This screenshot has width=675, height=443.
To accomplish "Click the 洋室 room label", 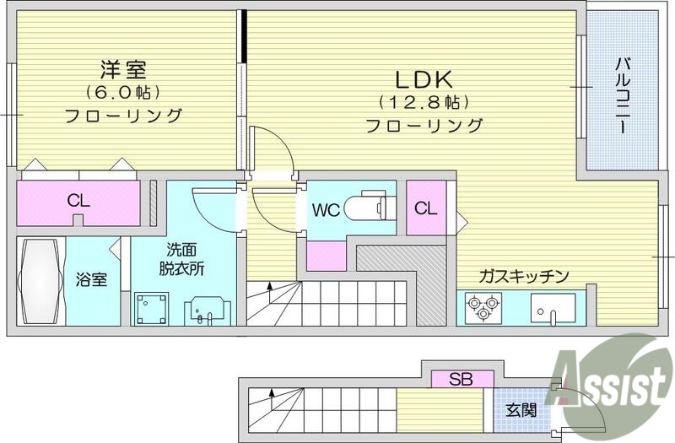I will click(x=123, y=67).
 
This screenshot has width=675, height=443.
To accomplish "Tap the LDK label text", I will click(x=425, y=79).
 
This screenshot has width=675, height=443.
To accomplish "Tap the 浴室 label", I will click(x=92, y=279).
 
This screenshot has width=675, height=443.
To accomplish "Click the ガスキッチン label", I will click(x=523, y=276).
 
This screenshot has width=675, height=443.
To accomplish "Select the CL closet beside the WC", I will click(x=426, y=208).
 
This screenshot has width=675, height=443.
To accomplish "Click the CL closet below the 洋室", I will click(x=78, y=202).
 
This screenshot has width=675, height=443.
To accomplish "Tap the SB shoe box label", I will click(x=461, y=379).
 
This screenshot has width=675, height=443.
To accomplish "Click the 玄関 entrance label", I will click(x=521, y=411).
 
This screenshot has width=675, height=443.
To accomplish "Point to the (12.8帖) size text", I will click(x=424, y=103).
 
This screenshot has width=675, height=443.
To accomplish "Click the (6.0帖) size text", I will click(x=123, y=91).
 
